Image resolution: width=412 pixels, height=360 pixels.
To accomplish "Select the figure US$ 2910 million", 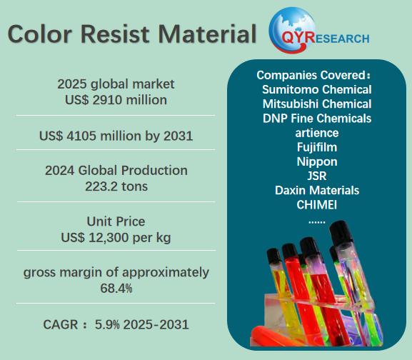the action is [x=116, y=100].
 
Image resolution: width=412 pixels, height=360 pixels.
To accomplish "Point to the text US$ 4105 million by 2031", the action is [x=116, y=136].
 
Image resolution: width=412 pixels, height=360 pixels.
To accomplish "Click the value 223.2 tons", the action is [x=116, y=186].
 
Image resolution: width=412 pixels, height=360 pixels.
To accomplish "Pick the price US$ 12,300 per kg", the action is [x=116, y=238].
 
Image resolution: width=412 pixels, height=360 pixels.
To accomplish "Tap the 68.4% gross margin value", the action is [x=116, y=289].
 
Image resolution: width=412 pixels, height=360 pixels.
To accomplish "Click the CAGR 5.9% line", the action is [x=116, y=324].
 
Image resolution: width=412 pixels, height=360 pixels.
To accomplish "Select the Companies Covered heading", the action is [x=313, y=76].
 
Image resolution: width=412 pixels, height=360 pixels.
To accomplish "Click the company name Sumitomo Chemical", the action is [x=317, y=89].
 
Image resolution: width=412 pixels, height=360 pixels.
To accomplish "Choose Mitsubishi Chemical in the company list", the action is [x=317, y=104].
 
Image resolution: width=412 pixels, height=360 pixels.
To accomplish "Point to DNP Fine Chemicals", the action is [x=317, y=119].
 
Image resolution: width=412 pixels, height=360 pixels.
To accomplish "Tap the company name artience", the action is [x=317, y=133].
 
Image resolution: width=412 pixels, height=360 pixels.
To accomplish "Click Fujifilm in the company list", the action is [x=317, y=147].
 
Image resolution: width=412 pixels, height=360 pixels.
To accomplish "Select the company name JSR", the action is [x=317, y=176].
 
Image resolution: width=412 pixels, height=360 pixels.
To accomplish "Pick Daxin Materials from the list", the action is [x=317, y=190].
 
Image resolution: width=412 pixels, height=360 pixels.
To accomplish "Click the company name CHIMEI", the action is [x=316, y=205].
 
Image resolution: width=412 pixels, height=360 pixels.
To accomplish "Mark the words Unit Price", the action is [x=116, y=221].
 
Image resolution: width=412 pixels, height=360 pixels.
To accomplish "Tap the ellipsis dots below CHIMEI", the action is [x=316, y=223].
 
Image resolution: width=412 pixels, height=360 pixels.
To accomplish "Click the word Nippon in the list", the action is [x=317, y=161].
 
